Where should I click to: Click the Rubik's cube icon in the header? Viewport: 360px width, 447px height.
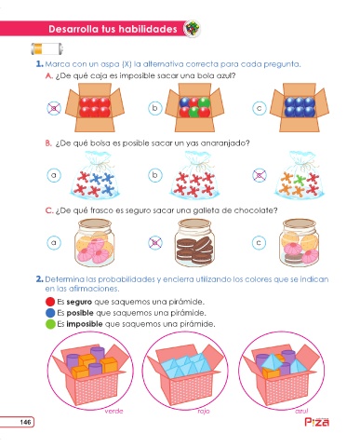pyautogui.click(x=192, y=29)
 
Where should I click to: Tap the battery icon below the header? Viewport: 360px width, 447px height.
pyautogui.click(x=47, y=48)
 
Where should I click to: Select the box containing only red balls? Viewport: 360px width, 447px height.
pyautogui.click(x=95, y=107)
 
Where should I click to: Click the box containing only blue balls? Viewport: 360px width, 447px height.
pyautogui.click(x=300, y=107)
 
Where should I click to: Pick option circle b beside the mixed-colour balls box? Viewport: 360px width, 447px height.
pyautogui.click(x=155, y=108)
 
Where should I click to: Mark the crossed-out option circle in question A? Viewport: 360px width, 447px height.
pyautogui.click(x=54, y=108)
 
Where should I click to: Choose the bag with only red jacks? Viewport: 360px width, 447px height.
pyautogui.click(x=194, y=175)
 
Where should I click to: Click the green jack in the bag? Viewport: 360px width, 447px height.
pyautogui.click(x=300, y=180)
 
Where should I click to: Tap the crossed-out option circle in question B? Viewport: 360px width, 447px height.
pyautogui.click(x=260, y=175)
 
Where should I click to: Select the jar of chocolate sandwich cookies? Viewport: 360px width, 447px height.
pyautogui.click(x=194, y=242)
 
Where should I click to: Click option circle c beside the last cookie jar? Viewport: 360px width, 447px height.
pyautogui.click(x=259, y=242)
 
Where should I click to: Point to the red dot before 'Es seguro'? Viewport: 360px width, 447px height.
pyautogui.click(x=50, y=302)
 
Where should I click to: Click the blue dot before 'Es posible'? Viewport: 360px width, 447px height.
pyautogui.click(x=50, y=313)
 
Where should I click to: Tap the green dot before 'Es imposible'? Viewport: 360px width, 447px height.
pyautogui.click(x=50, y=324)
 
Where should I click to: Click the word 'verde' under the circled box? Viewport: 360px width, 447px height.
pyautogui.click(x=113, y=411)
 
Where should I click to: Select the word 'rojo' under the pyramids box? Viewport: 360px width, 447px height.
pyautogui.click(x=204, y=411)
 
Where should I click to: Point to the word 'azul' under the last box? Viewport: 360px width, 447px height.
pyautogui.click(x=301, y=411)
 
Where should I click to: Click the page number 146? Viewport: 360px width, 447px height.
pyautogui.click(x=25, y=422)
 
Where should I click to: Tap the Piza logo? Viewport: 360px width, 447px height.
pyautogui.click(x=316, y=422)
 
